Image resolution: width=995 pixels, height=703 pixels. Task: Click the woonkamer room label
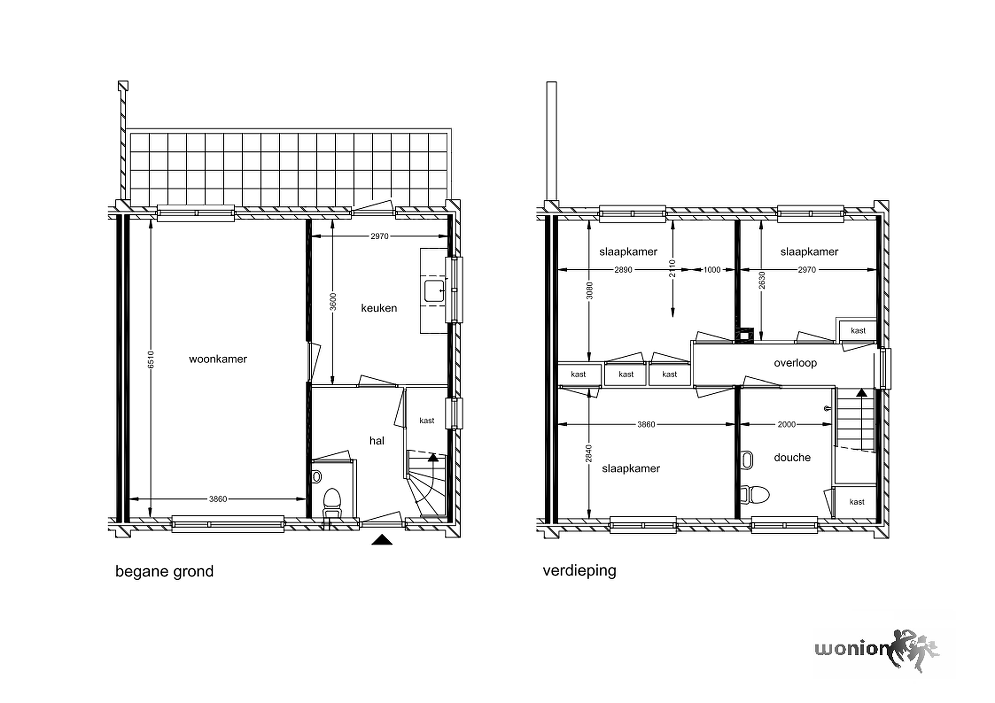click(218, 359)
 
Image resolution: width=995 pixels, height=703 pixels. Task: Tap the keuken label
click(379, 308)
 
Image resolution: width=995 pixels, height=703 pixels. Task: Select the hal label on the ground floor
click(377, 441)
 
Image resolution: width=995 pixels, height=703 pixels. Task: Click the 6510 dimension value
click(150, 359)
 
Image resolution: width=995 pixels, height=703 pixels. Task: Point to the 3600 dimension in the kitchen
click(333, 302)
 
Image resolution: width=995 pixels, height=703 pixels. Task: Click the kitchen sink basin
click(434, 291)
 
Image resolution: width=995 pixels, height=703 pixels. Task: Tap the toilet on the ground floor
click(332, 502)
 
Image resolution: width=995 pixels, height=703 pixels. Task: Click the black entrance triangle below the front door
click(382, 540)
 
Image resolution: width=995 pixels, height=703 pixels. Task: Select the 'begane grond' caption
click(164, 572)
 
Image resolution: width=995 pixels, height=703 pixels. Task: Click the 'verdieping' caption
click(579, 570)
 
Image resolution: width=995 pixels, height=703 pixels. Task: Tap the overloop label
click(795, 363)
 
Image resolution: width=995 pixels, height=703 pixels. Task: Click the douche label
click(792, 458)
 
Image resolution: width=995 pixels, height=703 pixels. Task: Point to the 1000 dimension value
click(712, 270)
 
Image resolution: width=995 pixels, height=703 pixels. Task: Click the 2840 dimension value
click(588, 453)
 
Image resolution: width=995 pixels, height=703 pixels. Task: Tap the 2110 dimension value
click(672, 269)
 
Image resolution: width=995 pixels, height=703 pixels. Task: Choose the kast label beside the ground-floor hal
click(427, 421)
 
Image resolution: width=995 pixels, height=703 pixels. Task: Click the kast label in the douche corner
click(857, 502)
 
